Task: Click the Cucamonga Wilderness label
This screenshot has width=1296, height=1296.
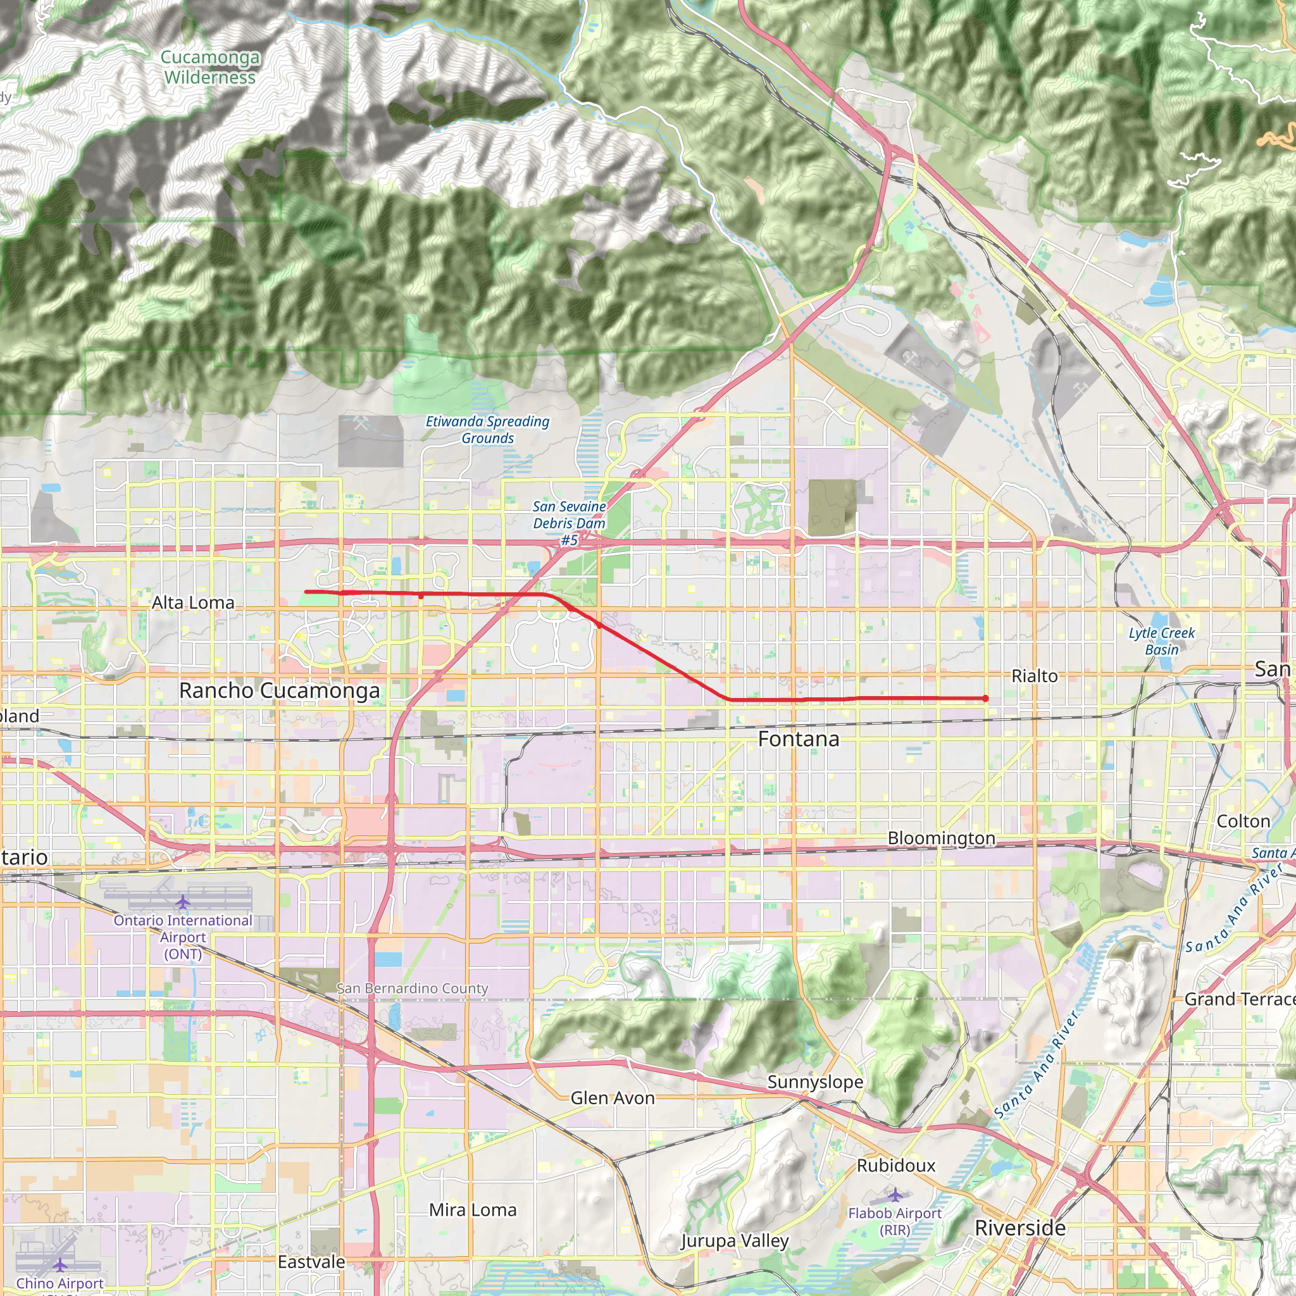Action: (209, 67)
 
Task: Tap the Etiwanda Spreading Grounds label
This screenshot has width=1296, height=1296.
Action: (488, 429)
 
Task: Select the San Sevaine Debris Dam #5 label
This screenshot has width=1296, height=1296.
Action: (570, 523)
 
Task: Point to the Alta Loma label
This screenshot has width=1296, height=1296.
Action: (193, 602)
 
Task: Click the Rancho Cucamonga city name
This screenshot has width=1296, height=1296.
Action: (279, 690)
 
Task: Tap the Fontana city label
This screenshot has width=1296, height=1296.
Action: (798, 738)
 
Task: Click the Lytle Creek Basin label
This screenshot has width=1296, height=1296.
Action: (1162, 640)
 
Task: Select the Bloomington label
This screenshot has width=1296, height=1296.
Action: (941, 838)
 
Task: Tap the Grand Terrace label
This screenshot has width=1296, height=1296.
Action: (1240, 999)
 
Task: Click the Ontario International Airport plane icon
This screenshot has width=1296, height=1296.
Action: (182, 901)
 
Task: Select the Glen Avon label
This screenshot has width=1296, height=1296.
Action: (613, 1097)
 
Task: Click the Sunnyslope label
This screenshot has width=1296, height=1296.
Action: (815, 1081)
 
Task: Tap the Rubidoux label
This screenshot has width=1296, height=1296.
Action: (895, 1165)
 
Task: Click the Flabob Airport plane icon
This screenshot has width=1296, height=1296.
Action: (895, 1195)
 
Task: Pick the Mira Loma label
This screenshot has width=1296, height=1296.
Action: (473, 1209)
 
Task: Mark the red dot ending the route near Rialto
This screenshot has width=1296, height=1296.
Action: (985, 699)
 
